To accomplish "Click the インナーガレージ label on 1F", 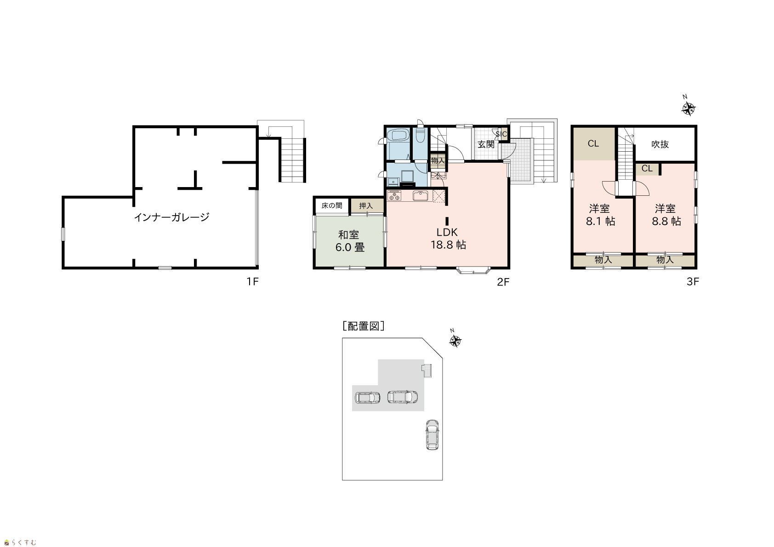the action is pos(172,217).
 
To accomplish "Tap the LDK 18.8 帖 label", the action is pos(448,239).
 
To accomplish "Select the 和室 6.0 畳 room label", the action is pos(350,241).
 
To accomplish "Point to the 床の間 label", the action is pos(332,205).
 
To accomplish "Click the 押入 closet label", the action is pos(366,206).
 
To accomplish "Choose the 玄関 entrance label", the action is pos(486,144).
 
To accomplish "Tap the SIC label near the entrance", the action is pos(501,134).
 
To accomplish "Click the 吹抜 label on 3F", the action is pos(660,144).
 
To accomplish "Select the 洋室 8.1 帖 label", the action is pos(601,215).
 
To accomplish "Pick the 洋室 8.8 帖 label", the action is pos(666,215).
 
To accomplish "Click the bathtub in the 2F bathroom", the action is pos(398,135).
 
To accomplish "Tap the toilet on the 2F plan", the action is pos(420,136).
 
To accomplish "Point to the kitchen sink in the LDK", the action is pos(420,195).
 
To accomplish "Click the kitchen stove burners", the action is pos(394,195).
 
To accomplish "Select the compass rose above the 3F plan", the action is pos(688,109).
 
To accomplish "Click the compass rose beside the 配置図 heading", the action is pos(455,341).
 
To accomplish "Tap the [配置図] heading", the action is pos(364,326).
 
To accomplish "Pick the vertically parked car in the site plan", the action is pos(432,435).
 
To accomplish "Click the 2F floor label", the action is pos(503,282).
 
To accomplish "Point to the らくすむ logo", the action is pos(20,542).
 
